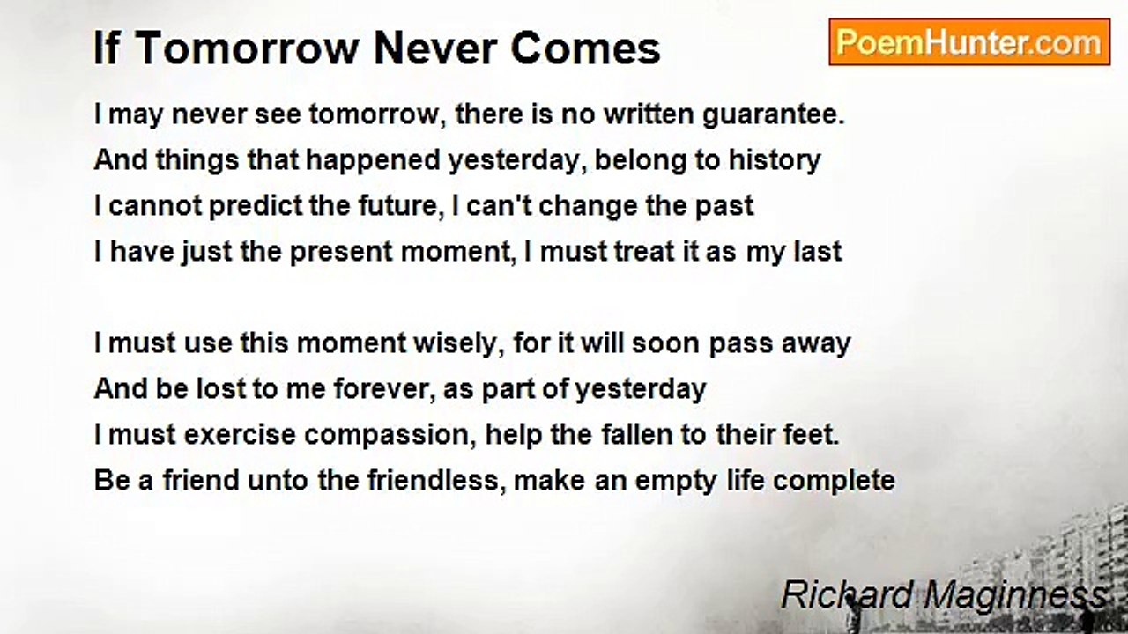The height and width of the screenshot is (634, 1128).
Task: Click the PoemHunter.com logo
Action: coord(969,41)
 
